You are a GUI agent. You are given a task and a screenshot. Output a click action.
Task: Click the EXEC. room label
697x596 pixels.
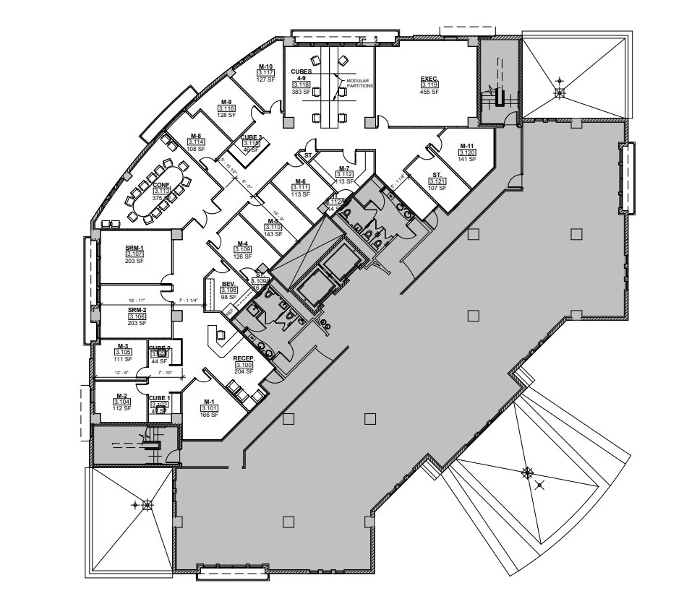point(429,78)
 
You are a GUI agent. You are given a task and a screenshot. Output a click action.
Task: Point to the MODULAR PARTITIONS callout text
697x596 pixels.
point(359,83)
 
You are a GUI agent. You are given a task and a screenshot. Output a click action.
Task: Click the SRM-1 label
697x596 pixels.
point(135,248)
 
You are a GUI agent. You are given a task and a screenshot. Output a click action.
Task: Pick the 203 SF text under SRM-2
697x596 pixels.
point(136,323)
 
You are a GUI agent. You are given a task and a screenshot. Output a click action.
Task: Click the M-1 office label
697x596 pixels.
point(210,402)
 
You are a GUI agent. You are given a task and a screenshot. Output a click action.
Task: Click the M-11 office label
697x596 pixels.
point(467,146)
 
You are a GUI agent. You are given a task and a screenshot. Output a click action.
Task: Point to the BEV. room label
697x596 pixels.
point(228,283)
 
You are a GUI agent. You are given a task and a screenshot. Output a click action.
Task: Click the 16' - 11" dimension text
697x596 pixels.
point(137,300)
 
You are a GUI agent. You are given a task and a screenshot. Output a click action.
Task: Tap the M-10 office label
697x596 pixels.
point(266,66)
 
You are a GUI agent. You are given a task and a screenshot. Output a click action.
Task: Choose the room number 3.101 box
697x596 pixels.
point(210,408)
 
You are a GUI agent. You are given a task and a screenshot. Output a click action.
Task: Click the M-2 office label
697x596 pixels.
point(122,396)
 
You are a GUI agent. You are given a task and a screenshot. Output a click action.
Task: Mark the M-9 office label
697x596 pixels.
point(226,102)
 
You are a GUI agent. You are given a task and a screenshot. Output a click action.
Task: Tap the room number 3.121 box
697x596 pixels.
point(437,181)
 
